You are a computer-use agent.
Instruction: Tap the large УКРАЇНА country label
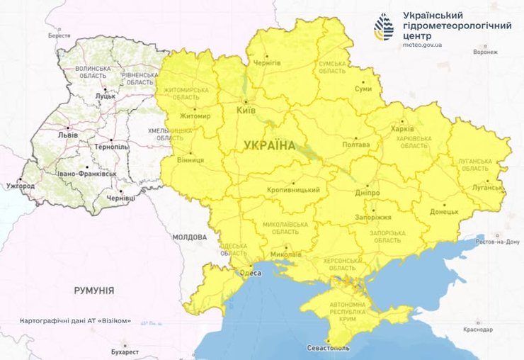[x=269, y=145]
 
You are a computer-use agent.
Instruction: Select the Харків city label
[x=403, y=130]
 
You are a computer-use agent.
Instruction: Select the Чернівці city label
[x=121, y=199]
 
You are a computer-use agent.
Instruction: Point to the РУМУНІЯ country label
[x=94, y=291]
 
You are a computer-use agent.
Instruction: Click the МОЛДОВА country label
[x=190, y=237]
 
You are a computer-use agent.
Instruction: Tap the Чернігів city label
[x=267, y=62]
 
